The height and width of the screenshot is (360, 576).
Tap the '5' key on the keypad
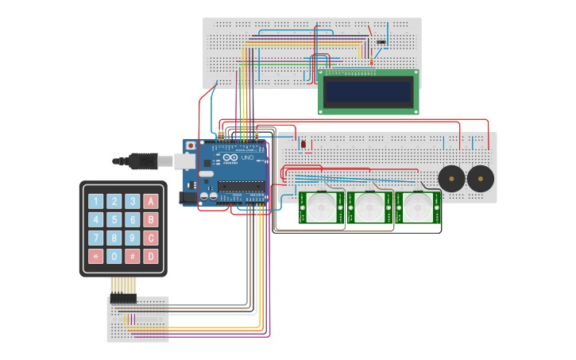click(114, 220)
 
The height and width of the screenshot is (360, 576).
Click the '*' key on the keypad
click(96, 256)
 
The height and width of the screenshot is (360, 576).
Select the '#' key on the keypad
click(133, 256)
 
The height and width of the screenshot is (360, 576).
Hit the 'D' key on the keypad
click(151, 256)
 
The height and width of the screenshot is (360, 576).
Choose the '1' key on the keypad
click(96, 202)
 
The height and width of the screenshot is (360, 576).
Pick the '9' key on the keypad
click(133, 238)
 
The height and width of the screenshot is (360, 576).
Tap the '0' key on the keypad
click(114, 256)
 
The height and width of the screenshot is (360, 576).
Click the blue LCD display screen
click(369, 92)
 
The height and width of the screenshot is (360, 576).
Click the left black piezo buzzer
click(452, 179)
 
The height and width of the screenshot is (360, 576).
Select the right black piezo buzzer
click(480, 179)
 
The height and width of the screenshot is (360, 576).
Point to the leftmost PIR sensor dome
click(322, 208)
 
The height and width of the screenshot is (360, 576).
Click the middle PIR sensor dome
click(369, 208)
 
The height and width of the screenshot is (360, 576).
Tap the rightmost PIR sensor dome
click(417, 208)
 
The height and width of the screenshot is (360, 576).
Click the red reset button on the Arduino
click(191, 146)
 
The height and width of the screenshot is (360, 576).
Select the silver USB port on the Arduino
click(184, 161)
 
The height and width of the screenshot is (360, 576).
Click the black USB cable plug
click(145, 161)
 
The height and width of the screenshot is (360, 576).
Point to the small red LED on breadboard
click(303, 144)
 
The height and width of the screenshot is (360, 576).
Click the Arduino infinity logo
click(230, 158)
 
